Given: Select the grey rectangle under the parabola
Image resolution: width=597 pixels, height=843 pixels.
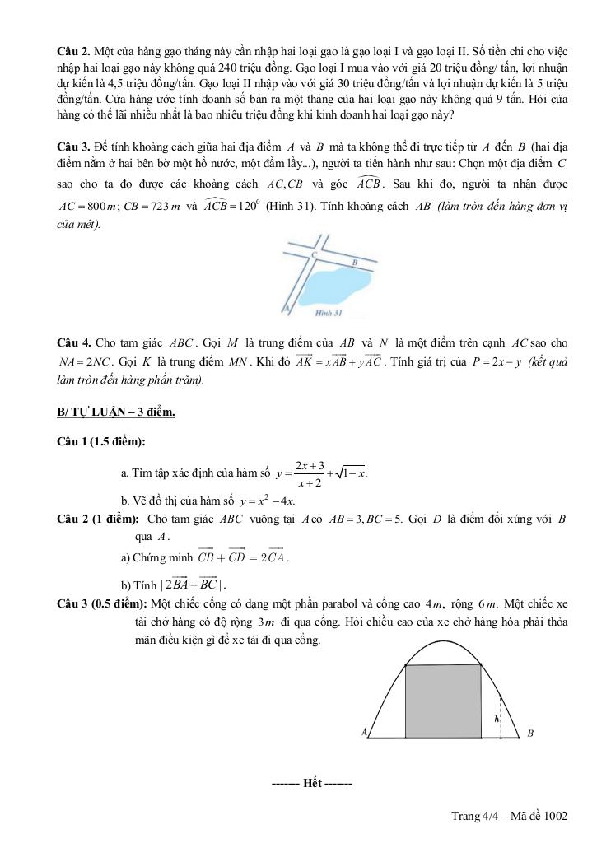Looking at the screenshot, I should click(444, 701).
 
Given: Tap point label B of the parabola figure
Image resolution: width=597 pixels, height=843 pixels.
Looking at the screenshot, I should click(530, 733).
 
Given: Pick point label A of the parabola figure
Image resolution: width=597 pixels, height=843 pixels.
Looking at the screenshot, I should click(363, 731).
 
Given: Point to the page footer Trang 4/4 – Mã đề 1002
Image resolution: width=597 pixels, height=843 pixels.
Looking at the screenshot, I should click(509, 816).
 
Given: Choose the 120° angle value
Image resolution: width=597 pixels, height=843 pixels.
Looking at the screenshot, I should click(233, 205).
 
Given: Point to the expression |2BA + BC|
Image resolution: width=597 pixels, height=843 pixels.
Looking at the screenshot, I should click(193, 585).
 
